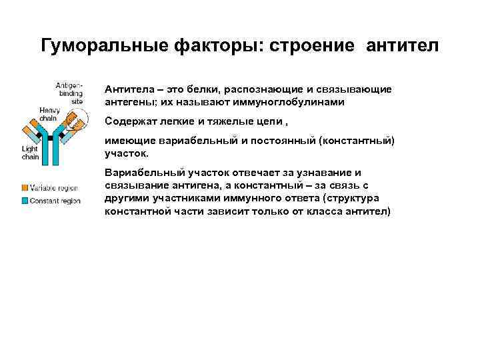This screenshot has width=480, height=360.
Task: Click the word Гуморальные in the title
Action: coord(105,45)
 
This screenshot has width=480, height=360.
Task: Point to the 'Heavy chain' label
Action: coord(49,114)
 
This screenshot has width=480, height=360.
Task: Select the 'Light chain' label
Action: coord(30,153)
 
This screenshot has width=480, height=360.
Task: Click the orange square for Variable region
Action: coord(25,189)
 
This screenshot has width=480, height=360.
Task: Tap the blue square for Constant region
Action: coord(25,201)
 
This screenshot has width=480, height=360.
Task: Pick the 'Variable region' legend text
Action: coord(54,189)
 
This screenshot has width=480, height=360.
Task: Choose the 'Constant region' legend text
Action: coord(55,201)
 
